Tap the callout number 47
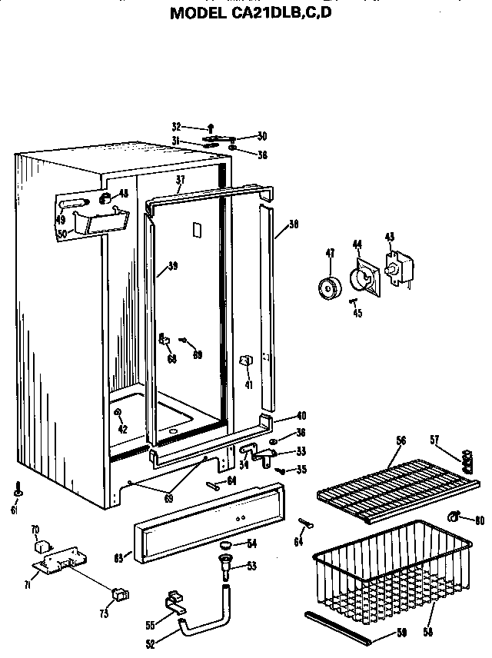pyautogui.click(x=330, y=254)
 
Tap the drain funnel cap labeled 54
pyautogui.click(x=225, y=546)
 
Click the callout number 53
pyautogui.click(x=251, y=567)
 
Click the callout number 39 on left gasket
pyautogui.click(x=173, y=266)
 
